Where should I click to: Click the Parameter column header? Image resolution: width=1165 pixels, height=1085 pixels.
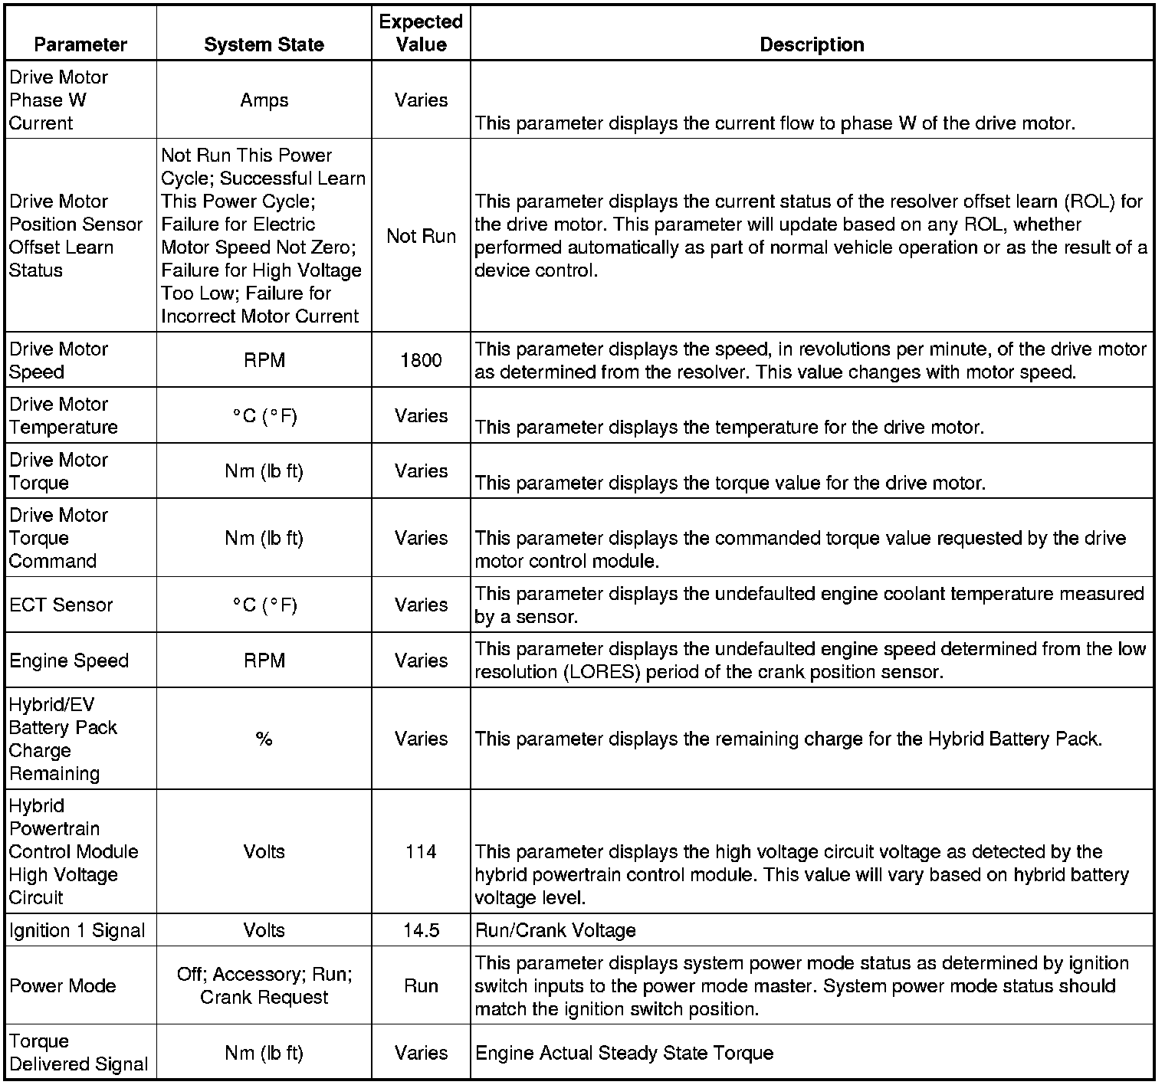(80, 44)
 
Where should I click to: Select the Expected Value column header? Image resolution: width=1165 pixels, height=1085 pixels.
(421, 33)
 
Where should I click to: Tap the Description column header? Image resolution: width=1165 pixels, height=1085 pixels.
(812, 44)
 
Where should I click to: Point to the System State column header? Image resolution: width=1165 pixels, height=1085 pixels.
(264, 44)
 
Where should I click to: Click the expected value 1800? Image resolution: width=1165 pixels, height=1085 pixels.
(421, 360)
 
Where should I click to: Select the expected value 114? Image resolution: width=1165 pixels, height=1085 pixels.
(421, 851)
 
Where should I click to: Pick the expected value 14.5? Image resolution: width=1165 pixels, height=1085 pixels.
(421, 930)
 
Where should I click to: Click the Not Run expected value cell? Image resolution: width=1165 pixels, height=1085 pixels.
(421, 236)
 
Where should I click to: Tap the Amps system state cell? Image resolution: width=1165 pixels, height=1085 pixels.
(264, 100)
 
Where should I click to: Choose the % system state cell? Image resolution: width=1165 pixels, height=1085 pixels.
(264, 739)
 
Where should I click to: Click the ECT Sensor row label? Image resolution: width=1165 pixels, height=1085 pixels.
(61, 605)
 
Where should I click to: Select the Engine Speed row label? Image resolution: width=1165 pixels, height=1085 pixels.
(69, 661)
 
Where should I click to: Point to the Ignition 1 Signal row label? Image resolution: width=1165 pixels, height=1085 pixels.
(77, 930)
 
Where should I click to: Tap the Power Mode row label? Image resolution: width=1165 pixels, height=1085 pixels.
(63, 985)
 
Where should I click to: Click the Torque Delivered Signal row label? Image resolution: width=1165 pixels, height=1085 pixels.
(78, 1053)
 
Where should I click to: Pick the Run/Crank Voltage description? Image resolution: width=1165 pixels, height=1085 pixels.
(556, 930)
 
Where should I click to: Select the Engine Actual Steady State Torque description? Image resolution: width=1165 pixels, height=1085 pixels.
(624, 1053)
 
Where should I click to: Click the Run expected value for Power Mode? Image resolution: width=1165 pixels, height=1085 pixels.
(421, 985)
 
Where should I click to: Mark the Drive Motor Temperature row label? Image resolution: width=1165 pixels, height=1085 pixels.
(64, 415)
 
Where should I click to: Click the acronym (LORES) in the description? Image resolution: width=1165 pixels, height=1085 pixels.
(608, 672)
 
